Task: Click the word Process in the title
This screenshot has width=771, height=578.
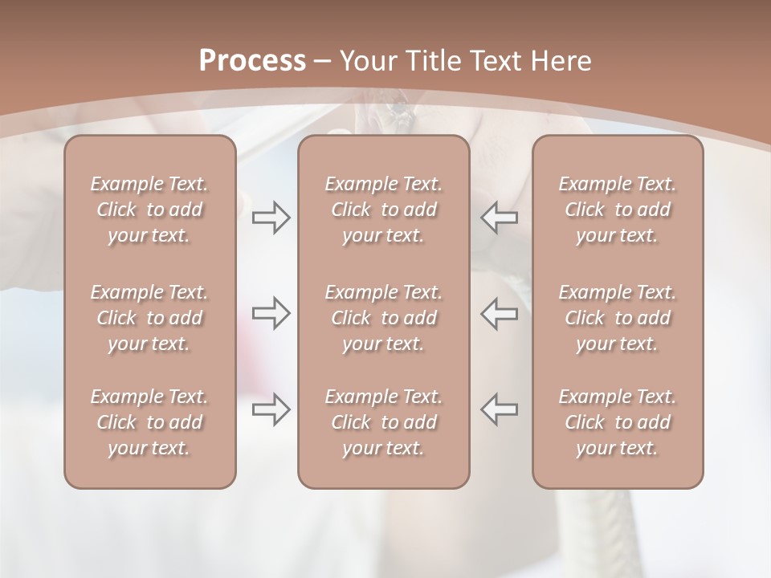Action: pos(252,61)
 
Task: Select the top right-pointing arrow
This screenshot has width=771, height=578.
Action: pos(271,217)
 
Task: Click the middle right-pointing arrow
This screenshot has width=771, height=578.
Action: pos(271,313)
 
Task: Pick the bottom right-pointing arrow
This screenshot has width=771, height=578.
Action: pos(271,409)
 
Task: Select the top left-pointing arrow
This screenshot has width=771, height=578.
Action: pos(500,217)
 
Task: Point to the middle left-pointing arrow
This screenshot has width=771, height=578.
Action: pos(500,313)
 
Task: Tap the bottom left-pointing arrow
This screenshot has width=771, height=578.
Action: pos(500,409)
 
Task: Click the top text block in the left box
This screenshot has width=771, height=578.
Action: pos(149,210)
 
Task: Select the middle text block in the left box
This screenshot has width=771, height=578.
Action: pos(149,318)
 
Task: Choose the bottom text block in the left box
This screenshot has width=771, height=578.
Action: pos(149,422)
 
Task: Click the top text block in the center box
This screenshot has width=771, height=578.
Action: pos(383,210)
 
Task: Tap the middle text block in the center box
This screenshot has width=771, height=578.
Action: pos(383,318)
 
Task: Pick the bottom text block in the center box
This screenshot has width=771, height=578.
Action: pos(383,422)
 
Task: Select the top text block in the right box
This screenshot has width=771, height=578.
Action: pos(617,210)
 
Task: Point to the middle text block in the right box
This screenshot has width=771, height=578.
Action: pos(617,318)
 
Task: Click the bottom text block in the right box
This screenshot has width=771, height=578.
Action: pos(617,422)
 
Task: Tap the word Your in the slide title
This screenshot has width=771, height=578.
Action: pos(366,61)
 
